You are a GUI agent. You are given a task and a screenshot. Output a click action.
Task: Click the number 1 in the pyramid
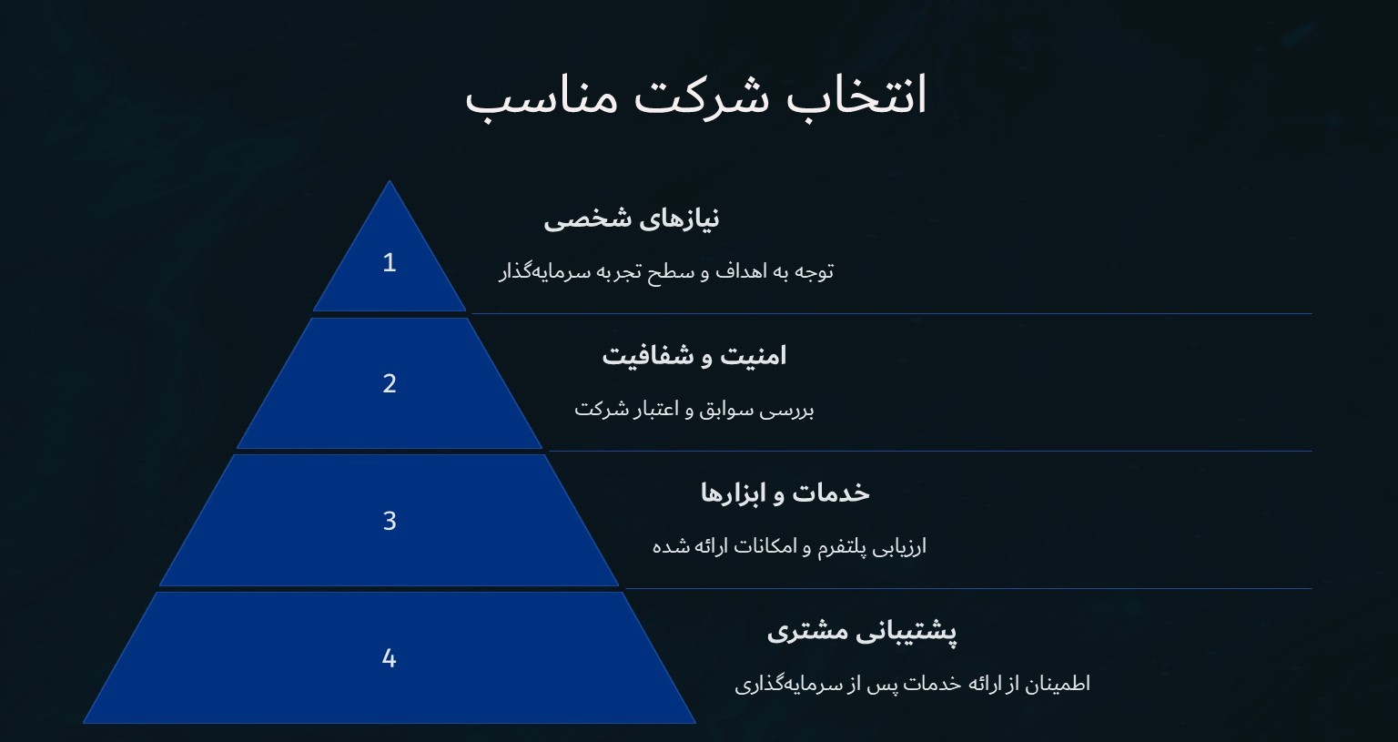(x=390, y=263)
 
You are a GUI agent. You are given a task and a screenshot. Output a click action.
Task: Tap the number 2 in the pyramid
(x=390, y=384)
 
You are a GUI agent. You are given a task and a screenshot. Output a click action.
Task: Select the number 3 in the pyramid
(x=390, y=521)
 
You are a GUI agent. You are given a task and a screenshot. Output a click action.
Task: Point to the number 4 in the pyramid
(x=390, y=658)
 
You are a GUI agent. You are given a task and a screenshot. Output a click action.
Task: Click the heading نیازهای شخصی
(x=632, y=219)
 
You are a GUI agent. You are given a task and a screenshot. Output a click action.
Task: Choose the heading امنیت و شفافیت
(x=694, y=356)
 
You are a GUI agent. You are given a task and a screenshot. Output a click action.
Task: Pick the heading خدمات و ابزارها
(x=785, y=493)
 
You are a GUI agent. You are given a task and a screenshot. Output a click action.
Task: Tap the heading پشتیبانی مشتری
(x=861, y=630)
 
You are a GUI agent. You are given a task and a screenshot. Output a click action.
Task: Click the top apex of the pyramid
(x=390, y=183)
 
